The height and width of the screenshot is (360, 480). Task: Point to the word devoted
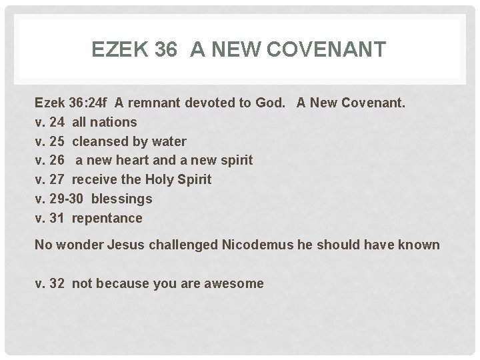click(x=213, y=103)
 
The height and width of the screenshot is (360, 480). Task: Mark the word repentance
click(x=107, y=218)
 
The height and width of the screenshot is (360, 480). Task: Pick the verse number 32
click(x=57, y=283)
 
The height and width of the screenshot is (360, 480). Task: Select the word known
click(x=418, y=245)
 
